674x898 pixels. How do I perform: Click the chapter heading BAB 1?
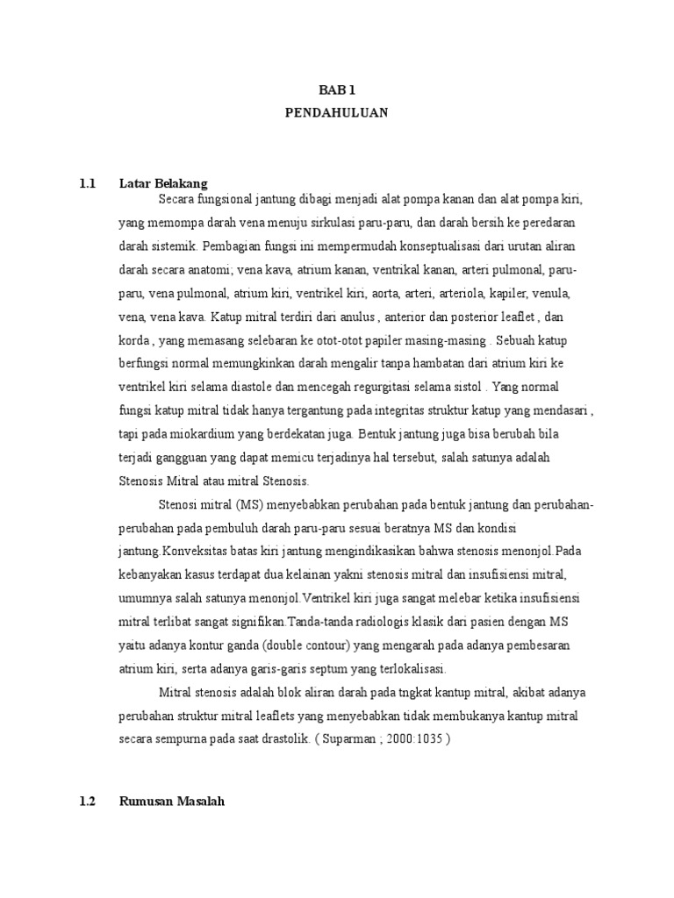336,90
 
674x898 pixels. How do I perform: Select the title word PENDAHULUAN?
336,113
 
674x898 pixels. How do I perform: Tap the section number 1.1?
86,183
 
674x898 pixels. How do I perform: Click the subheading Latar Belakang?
163,183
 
